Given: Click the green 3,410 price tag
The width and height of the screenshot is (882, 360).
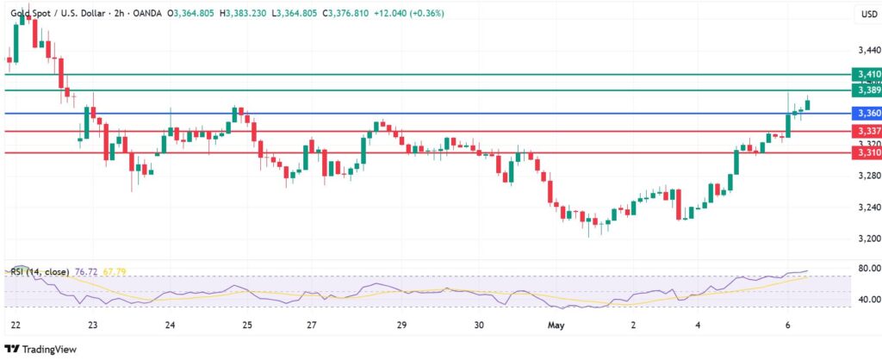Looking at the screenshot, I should click(865, 75).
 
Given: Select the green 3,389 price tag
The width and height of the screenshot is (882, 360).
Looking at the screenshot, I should click(865, 90).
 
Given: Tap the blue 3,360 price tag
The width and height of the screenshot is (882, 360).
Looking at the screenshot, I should click(865, 113).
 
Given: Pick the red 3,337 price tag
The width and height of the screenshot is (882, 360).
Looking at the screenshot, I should click(865, 131).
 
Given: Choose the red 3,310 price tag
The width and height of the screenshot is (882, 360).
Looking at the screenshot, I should click(865, 152).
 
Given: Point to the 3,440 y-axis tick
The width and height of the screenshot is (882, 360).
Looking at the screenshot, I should click(868, 52).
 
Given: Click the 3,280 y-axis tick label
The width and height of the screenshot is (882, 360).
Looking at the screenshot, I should click(868, 177).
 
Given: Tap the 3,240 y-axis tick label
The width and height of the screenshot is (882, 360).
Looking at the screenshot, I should click(868, 208).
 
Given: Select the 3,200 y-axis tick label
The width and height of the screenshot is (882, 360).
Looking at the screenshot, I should click(868, 239).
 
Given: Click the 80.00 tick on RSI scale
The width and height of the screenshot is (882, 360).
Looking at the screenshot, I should click(868, 269).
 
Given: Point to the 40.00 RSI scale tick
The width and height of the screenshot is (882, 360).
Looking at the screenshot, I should click(868, 300).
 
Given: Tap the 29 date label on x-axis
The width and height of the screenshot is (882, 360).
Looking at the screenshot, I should click(401, 326).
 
